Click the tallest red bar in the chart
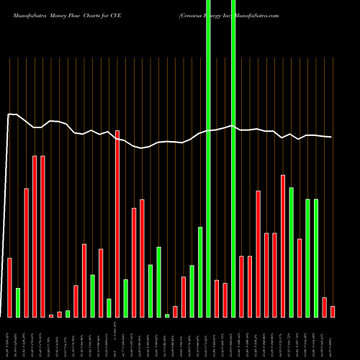coord(117,223)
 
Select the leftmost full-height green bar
coord(208,158)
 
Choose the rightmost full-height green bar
coord(233,158)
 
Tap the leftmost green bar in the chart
coord(18,302)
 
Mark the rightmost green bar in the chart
coord(316,258)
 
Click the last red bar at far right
coord(333,311)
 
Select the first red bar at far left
coord(10,287)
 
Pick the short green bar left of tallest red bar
coord(109,307)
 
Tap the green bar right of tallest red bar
coord(125,298)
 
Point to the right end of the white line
coord(331,137)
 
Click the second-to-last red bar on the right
coord(324,307)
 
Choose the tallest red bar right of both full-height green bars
coord(283,246)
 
